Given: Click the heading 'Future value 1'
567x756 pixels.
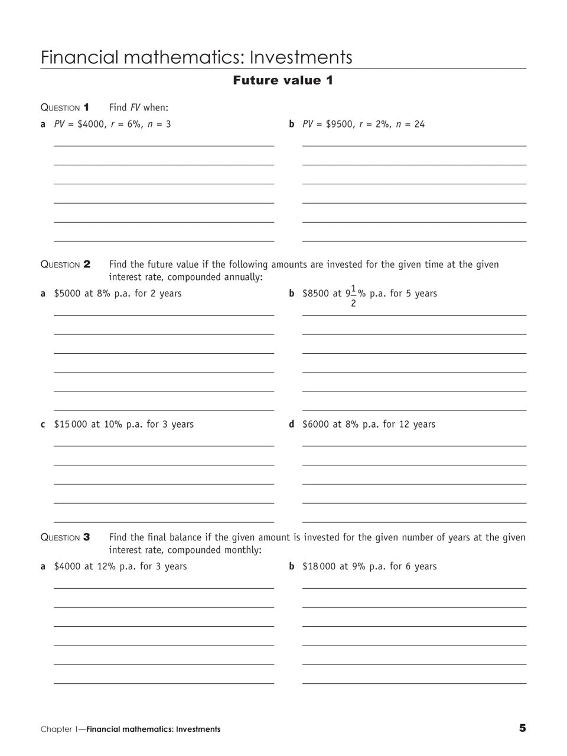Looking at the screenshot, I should click(x=283, y=80).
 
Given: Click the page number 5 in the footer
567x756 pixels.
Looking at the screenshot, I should click(x=522, y=728).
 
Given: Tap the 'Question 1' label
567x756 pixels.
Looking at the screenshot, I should click(x=65, y=107).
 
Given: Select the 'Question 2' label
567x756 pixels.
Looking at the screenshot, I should click(x=65, y=265).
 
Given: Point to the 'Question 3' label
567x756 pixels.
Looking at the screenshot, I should click(x=65, y=537).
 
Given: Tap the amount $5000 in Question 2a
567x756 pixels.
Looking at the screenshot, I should click(x=67, y=294).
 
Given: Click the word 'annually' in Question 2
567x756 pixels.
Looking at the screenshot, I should click(x=244, y=278).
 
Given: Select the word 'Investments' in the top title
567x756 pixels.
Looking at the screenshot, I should click(x=301, y=57).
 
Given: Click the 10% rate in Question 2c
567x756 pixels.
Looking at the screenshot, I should click(x=113, y=425).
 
